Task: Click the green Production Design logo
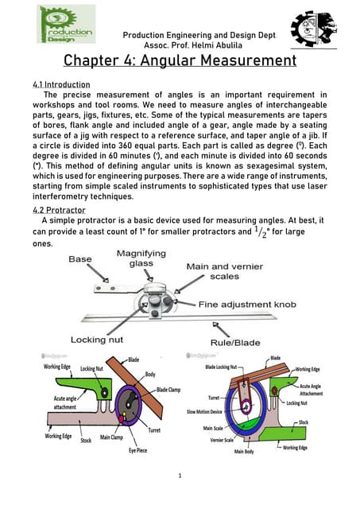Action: coord(66,25)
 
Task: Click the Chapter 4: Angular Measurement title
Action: coord(180,61)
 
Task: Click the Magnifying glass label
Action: coord(141,258)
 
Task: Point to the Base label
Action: coord(80,259)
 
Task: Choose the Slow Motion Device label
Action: coord(204,412)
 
